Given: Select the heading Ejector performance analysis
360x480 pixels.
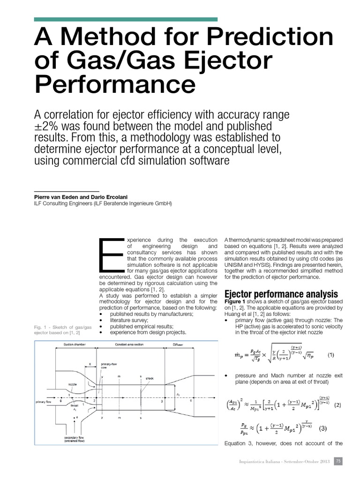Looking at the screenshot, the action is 281,294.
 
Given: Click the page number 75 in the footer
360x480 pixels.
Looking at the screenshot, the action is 338,461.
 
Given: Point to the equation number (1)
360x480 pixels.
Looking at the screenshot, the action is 331,355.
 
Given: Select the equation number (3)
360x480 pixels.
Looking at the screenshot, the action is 323,428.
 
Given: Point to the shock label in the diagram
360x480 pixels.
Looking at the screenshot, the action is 150,378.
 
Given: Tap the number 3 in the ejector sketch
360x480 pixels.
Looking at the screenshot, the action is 162,401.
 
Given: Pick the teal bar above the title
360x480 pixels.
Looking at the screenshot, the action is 126,19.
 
